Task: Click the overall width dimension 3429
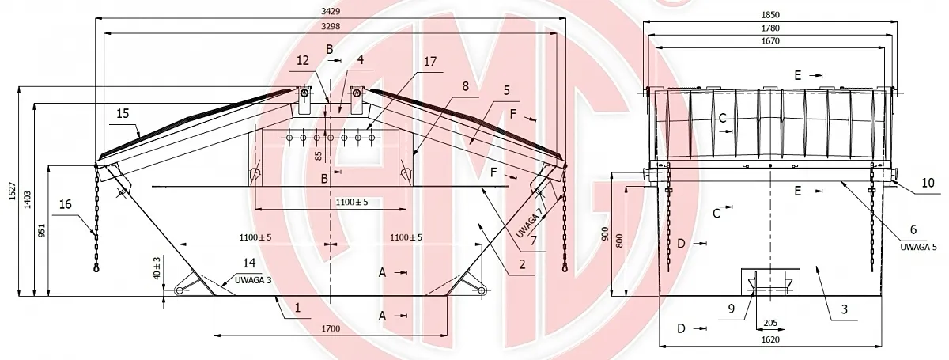point(331,11)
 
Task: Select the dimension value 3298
point(331,26)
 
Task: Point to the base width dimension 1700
point(331,328)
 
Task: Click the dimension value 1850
point(770,15)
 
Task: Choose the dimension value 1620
point(770,339)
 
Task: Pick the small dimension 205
point(770,323)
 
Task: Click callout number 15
point(123,114)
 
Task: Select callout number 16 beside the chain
point(65,204)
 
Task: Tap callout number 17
point(430,62)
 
